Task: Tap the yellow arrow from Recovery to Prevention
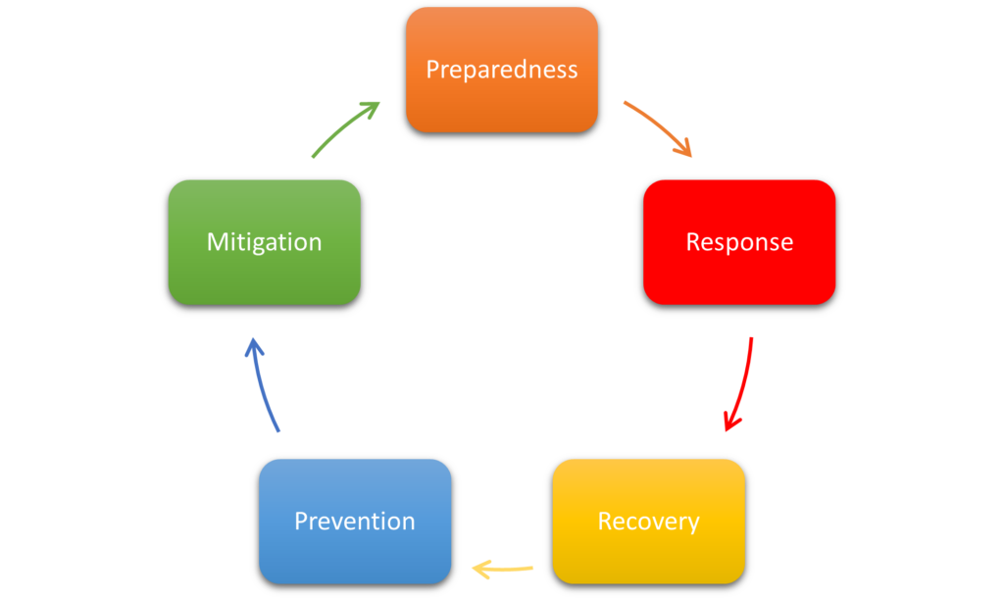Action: (505, 569)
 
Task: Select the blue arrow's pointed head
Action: (253, 344)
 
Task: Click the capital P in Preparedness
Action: (432, 70)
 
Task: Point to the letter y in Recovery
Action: (692, 523)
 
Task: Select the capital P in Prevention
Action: (301, 521)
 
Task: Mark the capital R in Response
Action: (692, 241)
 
